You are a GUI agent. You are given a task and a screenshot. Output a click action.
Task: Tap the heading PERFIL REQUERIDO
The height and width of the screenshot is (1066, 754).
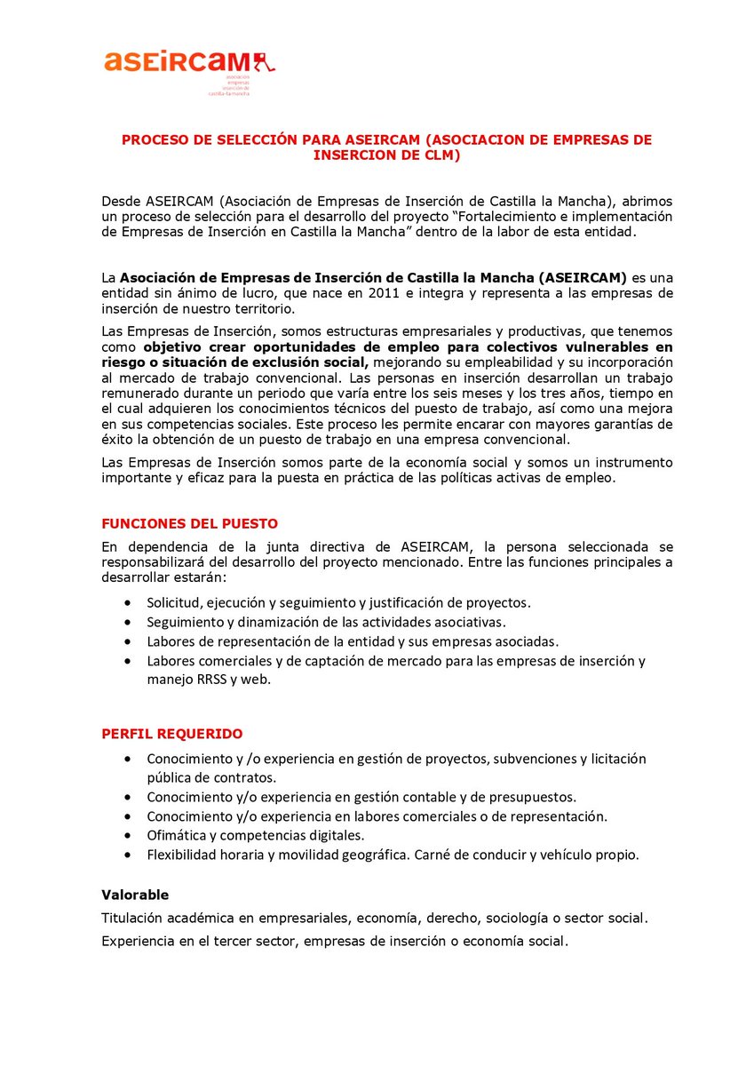[x=171, y=734]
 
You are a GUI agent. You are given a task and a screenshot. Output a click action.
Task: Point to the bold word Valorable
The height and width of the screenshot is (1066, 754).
[x=135, y=895]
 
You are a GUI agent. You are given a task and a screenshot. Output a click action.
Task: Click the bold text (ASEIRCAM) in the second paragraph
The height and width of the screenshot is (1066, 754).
[x=575, y=277]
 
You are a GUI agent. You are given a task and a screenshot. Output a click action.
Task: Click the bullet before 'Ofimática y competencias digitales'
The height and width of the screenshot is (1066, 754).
[x=131, y=835]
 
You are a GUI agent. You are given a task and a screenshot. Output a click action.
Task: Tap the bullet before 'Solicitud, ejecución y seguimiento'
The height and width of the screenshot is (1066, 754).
[x=131, y=602]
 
